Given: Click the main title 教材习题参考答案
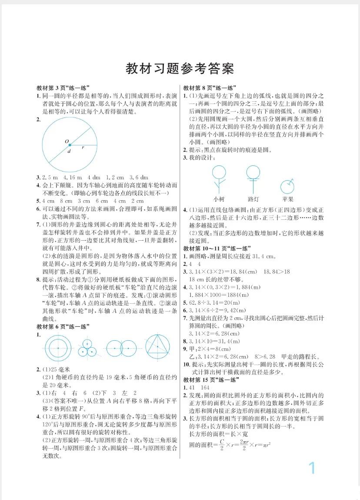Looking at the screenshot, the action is (180, 68).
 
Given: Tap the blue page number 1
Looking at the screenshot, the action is (311, 468).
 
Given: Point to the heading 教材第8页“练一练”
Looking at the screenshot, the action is (209, 87).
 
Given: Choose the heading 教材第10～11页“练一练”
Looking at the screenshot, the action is (217, 248).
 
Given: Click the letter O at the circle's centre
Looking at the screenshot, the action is (67, 141).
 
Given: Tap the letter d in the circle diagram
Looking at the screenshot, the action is (69, 151).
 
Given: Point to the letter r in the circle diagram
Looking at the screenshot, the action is (83, 148).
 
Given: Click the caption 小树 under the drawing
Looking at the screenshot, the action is (219, 199).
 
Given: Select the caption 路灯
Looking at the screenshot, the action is (253, 199).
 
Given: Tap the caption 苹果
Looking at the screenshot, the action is (287, 199).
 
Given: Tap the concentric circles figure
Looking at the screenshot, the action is (57, 348).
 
